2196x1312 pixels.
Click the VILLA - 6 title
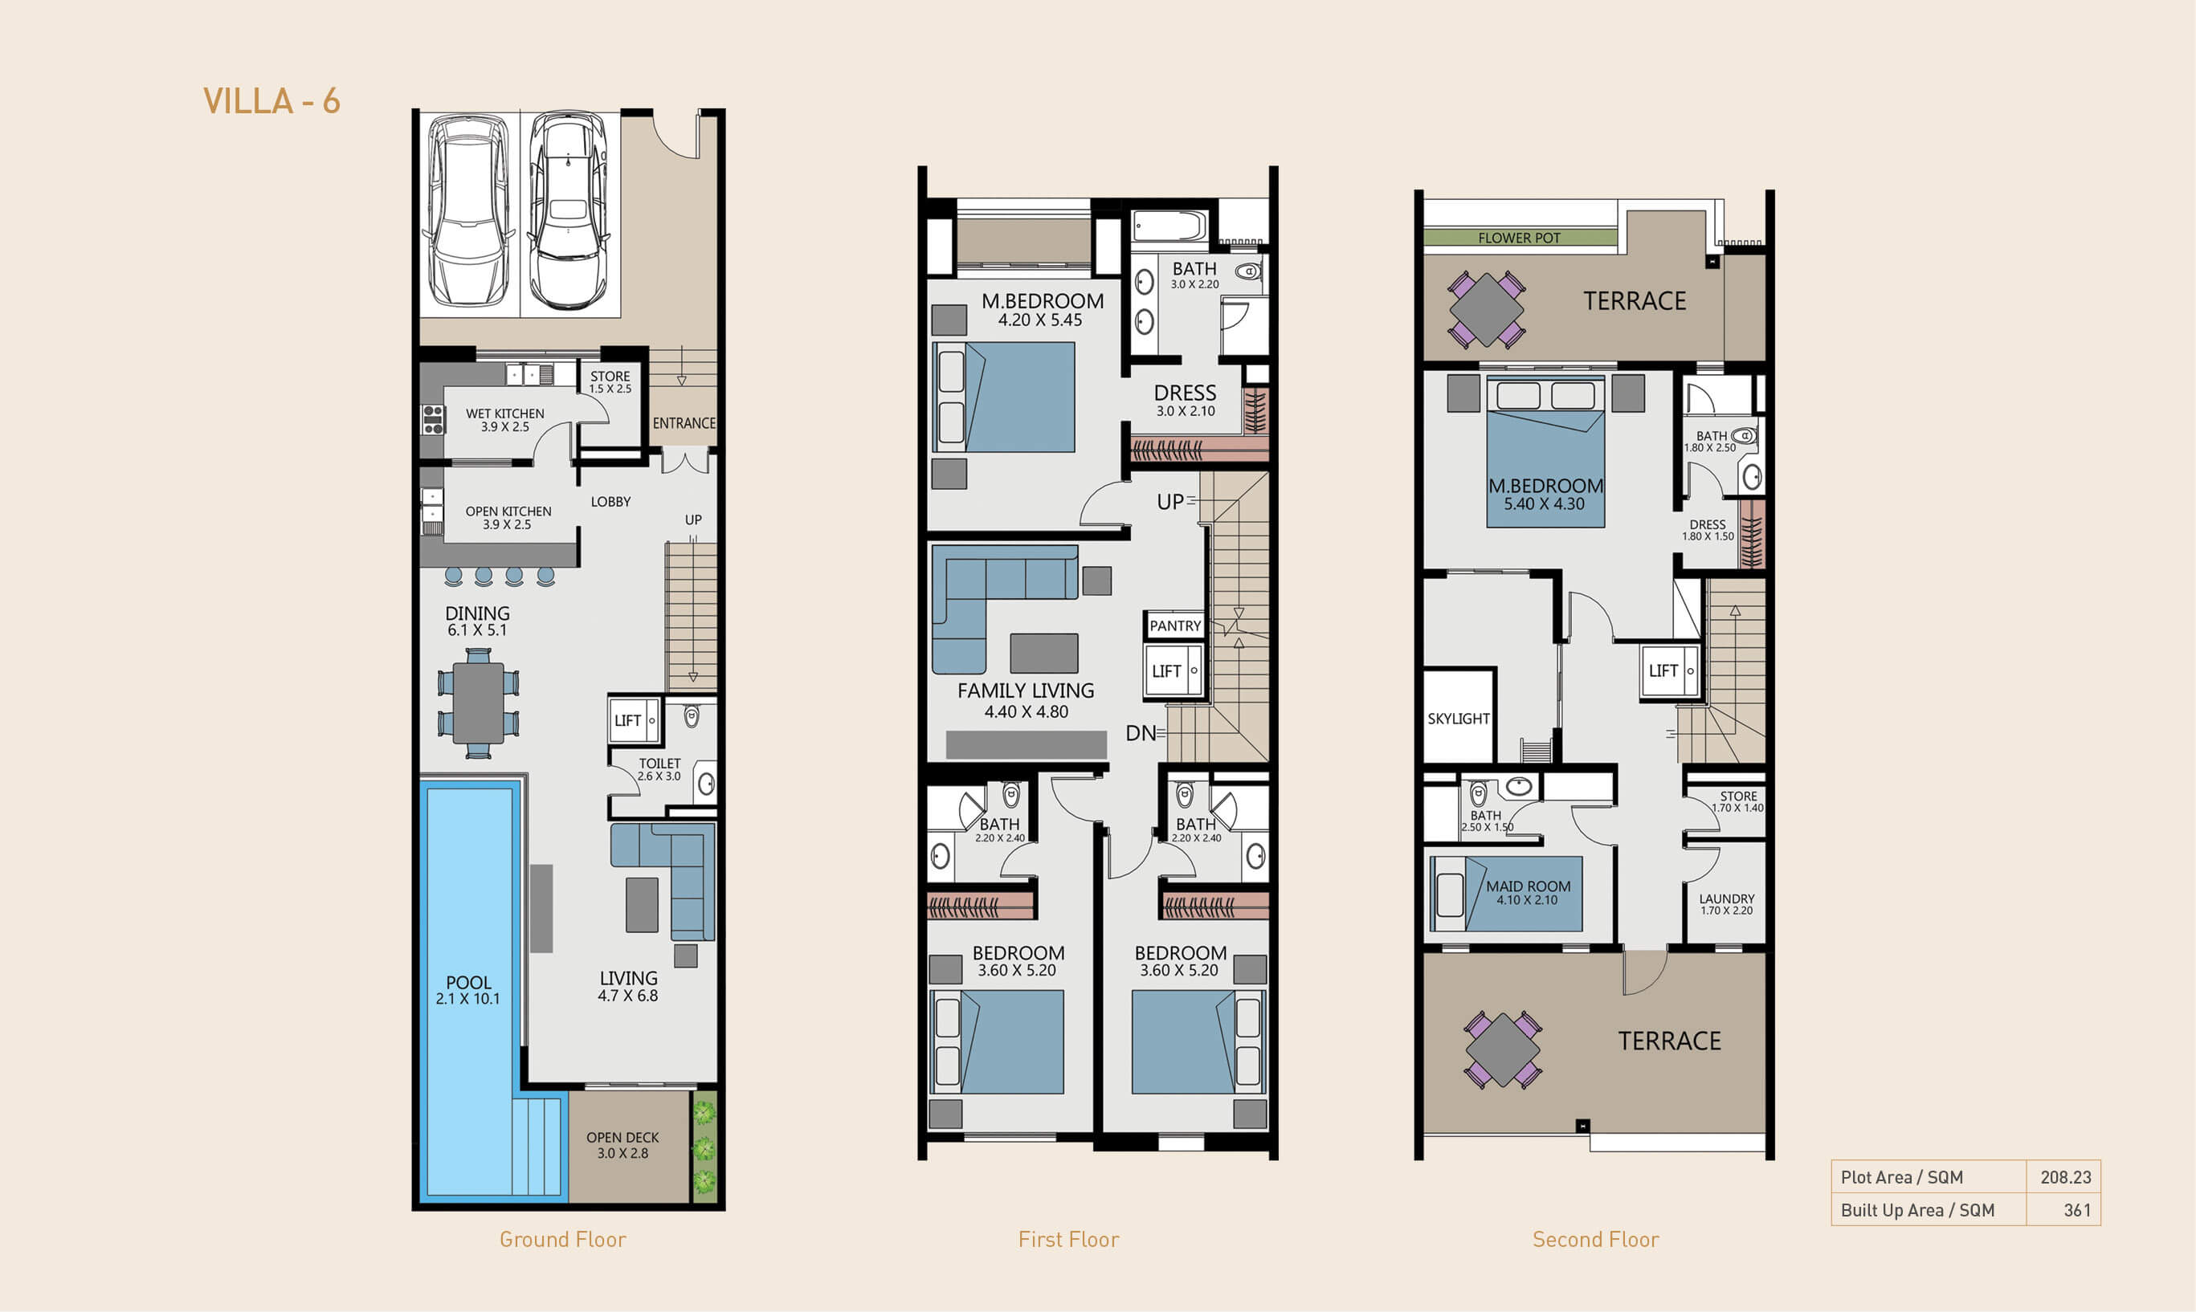pyautogui.click(x=271, y=101)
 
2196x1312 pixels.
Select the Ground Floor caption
pyautogui.click(x=562, y=1240)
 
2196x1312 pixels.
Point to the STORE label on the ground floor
pyautogui.click(x=610, y=376)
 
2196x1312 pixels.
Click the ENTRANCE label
pyautogui.click(x=684, y=423)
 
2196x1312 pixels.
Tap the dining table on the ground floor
pyautogui.click(x=479, y=703)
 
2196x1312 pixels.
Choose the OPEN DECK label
pyautogui.click(x=622, y=1137)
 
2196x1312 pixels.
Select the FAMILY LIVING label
pyautogui.click(x=1026, y=691)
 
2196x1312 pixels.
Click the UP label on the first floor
pyautogui.click(x=1170, y=502)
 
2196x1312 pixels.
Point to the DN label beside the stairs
pyautogui.click(x=1140, y=733)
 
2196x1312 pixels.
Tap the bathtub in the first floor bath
pyautogui.click(x=1170, y=226)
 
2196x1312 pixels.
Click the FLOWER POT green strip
pyautogui.click(x=1520, y=238)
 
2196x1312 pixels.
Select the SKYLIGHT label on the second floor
pyautogui.click(x=1459, y=719)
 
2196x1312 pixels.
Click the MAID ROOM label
pyautogui.click(x=1529, y=886)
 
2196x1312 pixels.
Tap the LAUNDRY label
pyautogui.click(x=1726, y=898)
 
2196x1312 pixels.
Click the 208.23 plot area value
pyautogui.click(x=2066, y=1178)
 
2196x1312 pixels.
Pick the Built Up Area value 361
pyautogui.click(x=2077, y=1210)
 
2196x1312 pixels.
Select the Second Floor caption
pyautogui.click(x=1595, y=1240)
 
